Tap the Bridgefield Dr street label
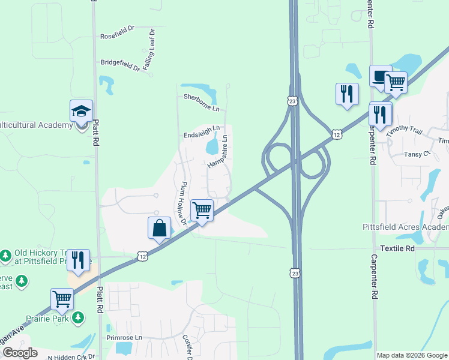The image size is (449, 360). (x=120, y=64)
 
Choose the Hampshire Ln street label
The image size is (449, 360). (x=218, y=152)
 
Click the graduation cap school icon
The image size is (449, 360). (x=82, y=111)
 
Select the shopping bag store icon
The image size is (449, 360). (x=159, y=228)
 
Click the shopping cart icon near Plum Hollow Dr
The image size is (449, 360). (x=202, y=211)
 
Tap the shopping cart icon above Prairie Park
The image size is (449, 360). (x=62, y=299)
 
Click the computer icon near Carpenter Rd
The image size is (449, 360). (x=380, y=76)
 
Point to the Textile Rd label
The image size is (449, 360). (x=397, y=248)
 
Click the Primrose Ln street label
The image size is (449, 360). (x=124, y=338)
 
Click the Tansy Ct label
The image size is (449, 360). (x=417, y=154)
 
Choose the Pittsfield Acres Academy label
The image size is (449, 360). (x=406, y=227)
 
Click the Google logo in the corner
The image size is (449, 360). (x=20, y=353)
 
